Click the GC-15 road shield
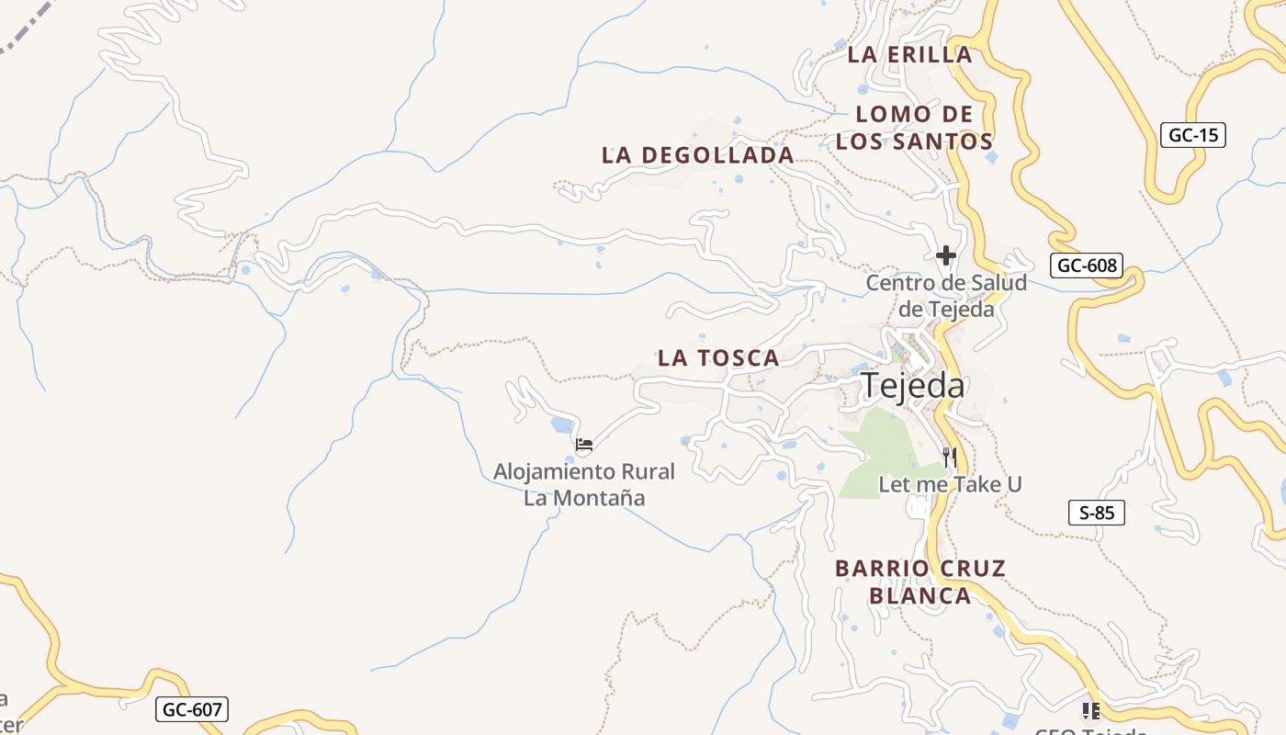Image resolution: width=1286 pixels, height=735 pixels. [1193, 135]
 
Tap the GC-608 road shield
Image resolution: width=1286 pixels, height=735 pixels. [1087, 266]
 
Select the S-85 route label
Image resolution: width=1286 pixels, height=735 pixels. [1097, 513]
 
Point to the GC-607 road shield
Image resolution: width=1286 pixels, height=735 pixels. [192, 709]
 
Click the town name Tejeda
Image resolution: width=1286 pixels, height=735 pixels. [913, 386]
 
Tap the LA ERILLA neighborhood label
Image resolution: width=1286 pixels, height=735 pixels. [909, 54]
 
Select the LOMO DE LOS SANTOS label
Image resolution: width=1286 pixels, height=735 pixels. [914, 128]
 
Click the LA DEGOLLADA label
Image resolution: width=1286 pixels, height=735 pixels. [698, 155]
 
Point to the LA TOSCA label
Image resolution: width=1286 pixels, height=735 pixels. [718, 358]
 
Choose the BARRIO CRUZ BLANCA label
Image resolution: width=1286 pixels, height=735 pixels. [920, 582]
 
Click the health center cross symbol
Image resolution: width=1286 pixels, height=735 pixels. [946, 255]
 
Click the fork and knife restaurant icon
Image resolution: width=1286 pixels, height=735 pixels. [950, 457]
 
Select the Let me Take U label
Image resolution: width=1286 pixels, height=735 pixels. [950, 484]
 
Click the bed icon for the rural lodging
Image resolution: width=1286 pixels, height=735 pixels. [583, 446]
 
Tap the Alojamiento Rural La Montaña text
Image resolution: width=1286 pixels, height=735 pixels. [584, 485]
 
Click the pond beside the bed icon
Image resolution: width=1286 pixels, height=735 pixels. [559, 424]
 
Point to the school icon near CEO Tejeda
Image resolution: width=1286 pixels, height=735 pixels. [1090, 710]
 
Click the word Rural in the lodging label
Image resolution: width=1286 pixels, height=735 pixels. [635, 472]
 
